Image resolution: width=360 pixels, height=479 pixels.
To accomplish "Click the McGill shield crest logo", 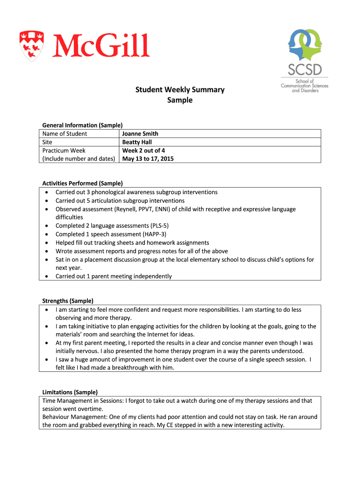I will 31,45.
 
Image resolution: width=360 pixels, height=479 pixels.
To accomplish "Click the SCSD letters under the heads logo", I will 304,70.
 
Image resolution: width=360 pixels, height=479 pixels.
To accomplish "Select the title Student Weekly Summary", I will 180,89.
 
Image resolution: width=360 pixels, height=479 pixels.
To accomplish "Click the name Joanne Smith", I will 140,134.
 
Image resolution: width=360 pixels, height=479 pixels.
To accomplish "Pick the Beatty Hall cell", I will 137,142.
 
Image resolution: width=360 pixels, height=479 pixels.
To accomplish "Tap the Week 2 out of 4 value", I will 144,151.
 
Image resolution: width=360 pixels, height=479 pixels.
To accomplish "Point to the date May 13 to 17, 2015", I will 148,159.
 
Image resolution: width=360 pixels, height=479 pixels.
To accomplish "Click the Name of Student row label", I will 65,134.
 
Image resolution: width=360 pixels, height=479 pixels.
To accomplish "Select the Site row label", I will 47,142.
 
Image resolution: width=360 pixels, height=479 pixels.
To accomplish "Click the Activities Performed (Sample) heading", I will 82,183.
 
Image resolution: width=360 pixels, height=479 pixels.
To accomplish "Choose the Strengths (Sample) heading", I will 68,301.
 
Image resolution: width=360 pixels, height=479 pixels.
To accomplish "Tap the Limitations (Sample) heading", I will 70,392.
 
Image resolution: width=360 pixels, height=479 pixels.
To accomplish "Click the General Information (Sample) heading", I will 82,125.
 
